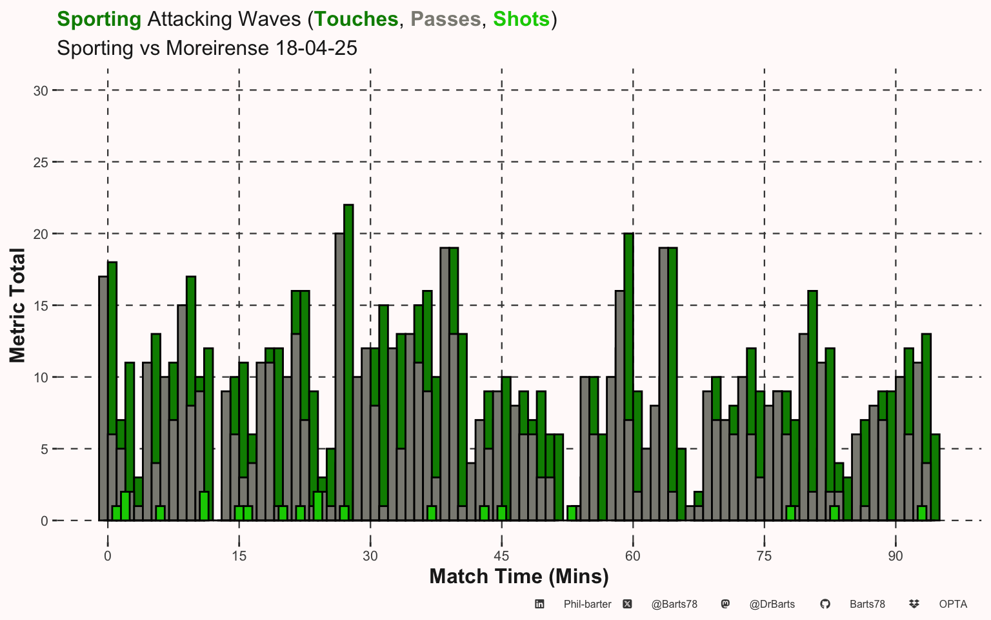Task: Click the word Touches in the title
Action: [x=356, y=19]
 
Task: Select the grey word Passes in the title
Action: [x=446, y=19]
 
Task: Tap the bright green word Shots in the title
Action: [x=521, y=19]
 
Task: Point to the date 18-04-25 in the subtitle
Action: [x=316, y=48]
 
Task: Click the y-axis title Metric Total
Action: [x=17, y=305]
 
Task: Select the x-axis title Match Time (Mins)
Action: [x=519, y=577]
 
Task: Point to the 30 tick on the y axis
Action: [x=41, y=91]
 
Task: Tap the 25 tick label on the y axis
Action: [x=41, y=163]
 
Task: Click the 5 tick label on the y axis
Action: [x=45, y=449]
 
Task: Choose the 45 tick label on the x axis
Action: [x=501, y=556]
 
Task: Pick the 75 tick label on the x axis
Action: [x=764, y=556]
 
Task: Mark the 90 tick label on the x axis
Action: [x=896, y=556]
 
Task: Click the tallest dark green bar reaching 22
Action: [x=348, y=355]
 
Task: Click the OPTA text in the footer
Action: [x=953, y=604]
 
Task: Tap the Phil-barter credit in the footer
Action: [x=588, y=604]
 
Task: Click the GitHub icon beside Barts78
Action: [x=825, y=604]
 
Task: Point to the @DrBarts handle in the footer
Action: [x=772, y=604]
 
